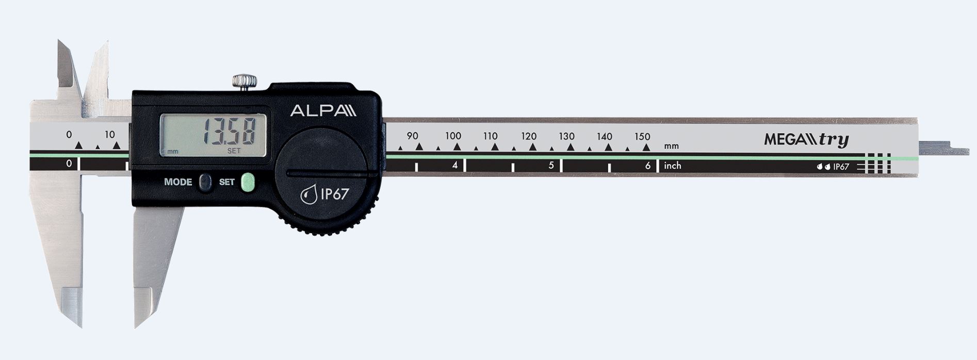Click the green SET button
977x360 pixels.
coord(249,182)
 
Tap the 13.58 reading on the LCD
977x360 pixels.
coord(229,132)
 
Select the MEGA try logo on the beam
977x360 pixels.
coord(806,140)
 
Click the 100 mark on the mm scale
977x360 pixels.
coord(453,136)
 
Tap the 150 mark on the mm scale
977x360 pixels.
coord(642,137)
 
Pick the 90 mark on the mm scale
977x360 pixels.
coord(413,136)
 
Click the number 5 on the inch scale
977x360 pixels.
coord(551,166)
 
